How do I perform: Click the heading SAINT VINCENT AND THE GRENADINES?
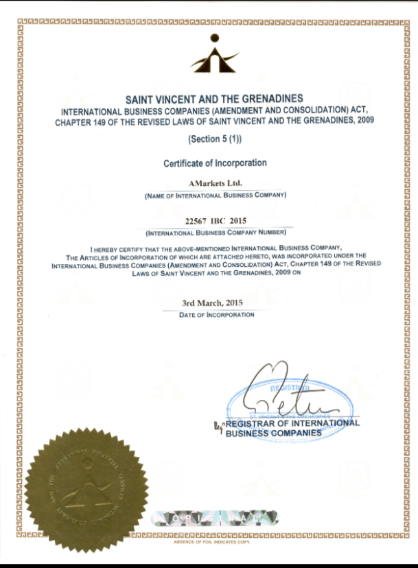(x=214, y=98)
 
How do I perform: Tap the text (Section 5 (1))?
(x=214, y=139)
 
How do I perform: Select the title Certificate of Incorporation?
(x=215, y=163)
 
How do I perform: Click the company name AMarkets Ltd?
(x=215, y=183)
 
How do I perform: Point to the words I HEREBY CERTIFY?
(x=117, y=246)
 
